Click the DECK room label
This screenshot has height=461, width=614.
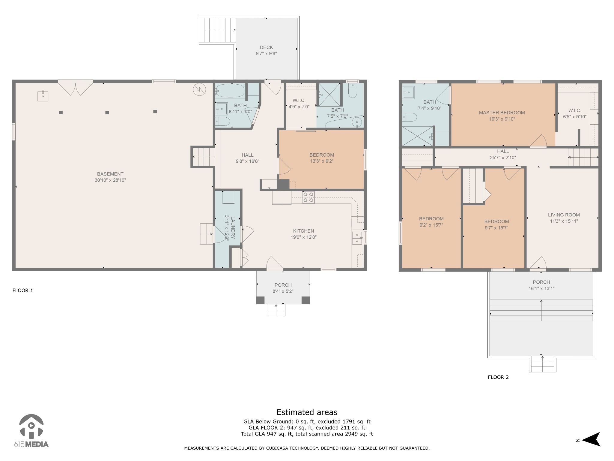point(266,47)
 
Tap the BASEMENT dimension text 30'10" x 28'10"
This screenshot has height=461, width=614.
point(110,180)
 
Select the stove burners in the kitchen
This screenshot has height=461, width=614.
point(308,197)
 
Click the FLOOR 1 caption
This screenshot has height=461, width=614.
point(23,291)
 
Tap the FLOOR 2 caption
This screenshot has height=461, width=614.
point(498,378)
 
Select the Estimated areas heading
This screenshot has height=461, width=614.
point(307,412)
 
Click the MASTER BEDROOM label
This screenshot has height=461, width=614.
point(502,113)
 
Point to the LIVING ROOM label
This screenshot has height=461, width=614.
point(564,215)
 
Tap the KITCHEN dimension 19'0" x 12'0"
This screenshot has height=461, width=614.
point(304,237)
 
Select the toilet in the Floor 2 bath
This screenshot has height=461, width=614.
point(409,117)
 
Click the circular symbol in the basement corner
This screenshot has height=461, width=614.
point(199,89)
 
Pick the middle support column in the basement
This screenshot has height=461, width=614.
point(107,113)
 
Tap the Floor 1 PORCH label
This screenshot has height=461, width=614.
point(283,285)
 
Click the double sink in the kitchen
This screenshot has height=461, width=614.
point(357,238)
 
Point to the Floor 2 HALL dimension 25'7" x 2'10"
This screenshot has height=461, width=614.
point(503,158)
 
